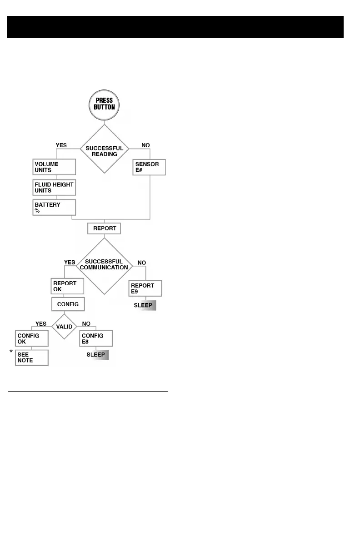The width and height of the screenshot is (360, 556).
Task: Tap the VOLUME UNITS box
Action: click(x=54, y=167)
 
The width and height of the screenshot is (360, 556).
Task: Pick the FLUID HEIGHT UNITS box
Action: click(x=54, y=187)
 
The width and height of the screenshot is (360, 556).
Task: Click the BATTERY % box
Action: click(x=54, y=208)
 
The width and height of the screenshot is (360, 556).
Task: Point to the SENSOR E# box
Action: click(x=149, y=167)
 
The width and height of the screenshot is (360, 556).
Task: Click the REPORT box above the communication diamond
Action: click(x=104, y=228)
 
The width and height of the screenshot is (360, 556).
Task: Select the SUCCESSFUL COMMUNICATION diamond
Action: click(x=104, y=265)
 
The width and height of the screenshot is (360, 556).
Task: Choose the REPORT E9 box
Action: click(x=145, y=288)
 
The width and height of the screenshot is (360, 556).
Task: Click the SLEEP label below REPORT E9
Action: click(x=145, y=305)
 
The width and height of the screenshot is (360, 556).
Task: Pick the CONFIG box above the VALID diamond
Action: click(x=68, y=304)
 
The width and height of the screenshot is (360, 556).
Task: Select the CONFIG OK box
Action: click(x=31, y=339)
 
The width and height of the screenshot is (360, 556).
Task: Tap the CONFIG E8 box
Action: click(x=96, y=339)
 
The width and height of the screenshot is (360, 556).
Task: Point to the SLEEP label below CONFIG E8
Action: click(x=98, y=355)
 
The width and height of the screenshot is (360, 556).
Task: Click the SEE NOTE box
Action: click(x=31, y=357)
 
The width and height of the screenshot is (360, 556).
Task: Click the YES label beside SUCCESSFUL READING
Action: click(x=61, y=145)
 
